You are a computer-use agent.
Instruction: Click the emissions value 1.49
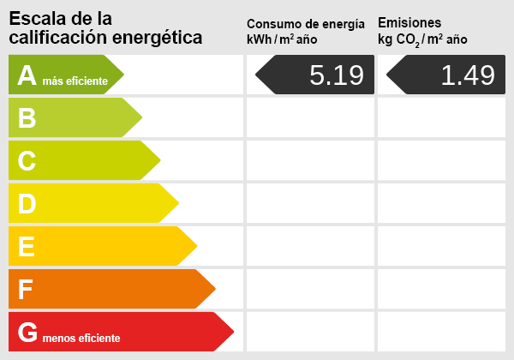point(467,75)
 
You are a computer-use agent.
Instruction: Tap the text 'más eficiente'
point(75,81)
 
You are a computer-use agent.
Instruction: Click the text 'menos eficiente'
point(81,339)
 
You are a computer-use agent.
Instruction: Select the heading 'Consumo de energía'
point(311,24)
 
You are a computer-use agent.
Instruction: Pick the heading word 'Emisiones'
point(409,22)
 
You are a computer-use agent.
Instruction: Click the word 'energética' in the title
point(161,37)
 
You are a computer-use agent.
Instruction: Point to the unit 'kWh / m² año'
point(282,39)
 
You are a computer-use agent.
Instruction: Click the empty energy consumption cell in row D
point(310,203)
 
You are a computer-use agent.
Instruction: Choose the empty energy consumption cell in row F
point(310,289)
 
